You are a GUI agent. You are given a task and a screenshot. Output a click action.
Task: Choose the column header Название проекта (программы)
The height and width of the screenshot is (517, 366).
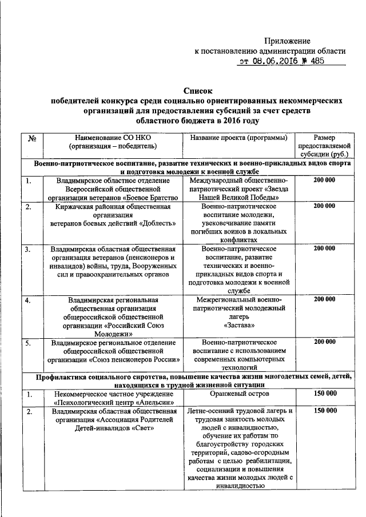[238, 138]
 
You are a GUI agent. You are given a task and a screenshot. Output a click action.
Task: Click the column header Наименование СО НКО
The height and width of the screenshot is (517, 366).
[113, 138]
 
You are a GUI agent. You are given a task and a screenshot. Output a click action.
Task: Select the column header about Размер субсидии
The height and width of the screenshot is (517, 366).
[324, 146]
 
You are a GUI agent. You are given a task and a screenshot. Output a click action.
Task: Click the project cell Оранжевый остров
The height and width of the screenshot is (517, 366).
[238, 394]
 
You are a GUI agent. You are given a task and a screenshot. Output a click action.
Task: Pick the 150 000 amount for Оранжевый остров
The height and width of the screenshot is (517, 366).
[324, 394]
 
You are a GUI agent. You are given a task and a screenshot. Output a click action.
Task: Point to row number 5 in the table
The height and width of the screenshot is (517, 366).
[28, 343]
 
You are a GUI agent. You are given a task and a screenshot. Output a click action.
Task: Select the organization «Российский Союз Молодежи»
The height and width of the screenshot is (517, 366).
[122, 328]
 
